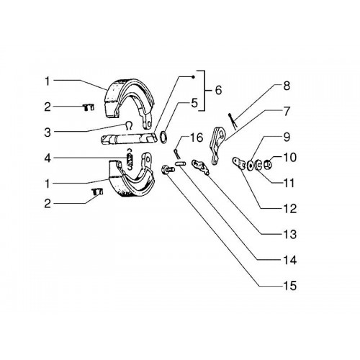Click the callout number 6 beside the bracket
(218, 90)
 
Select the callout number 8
(287, 86)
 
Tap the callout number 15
(289, 286)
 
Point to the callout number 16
(197, 138)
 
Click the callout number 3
(48, 132)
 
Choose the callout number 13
(289, 234)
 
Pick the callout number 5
(194, 103)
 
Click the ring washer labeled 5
(163, 138)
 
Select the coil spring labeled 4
(130, 159)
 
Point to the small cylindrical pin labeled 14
(180, 163)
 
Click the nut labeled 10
(268, 164)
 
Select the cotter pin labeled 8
(233, 121)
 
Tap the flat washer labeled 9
(251, 166)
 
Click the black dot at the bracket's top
(194, 77)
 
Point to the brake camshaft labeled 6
(128, 140)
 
